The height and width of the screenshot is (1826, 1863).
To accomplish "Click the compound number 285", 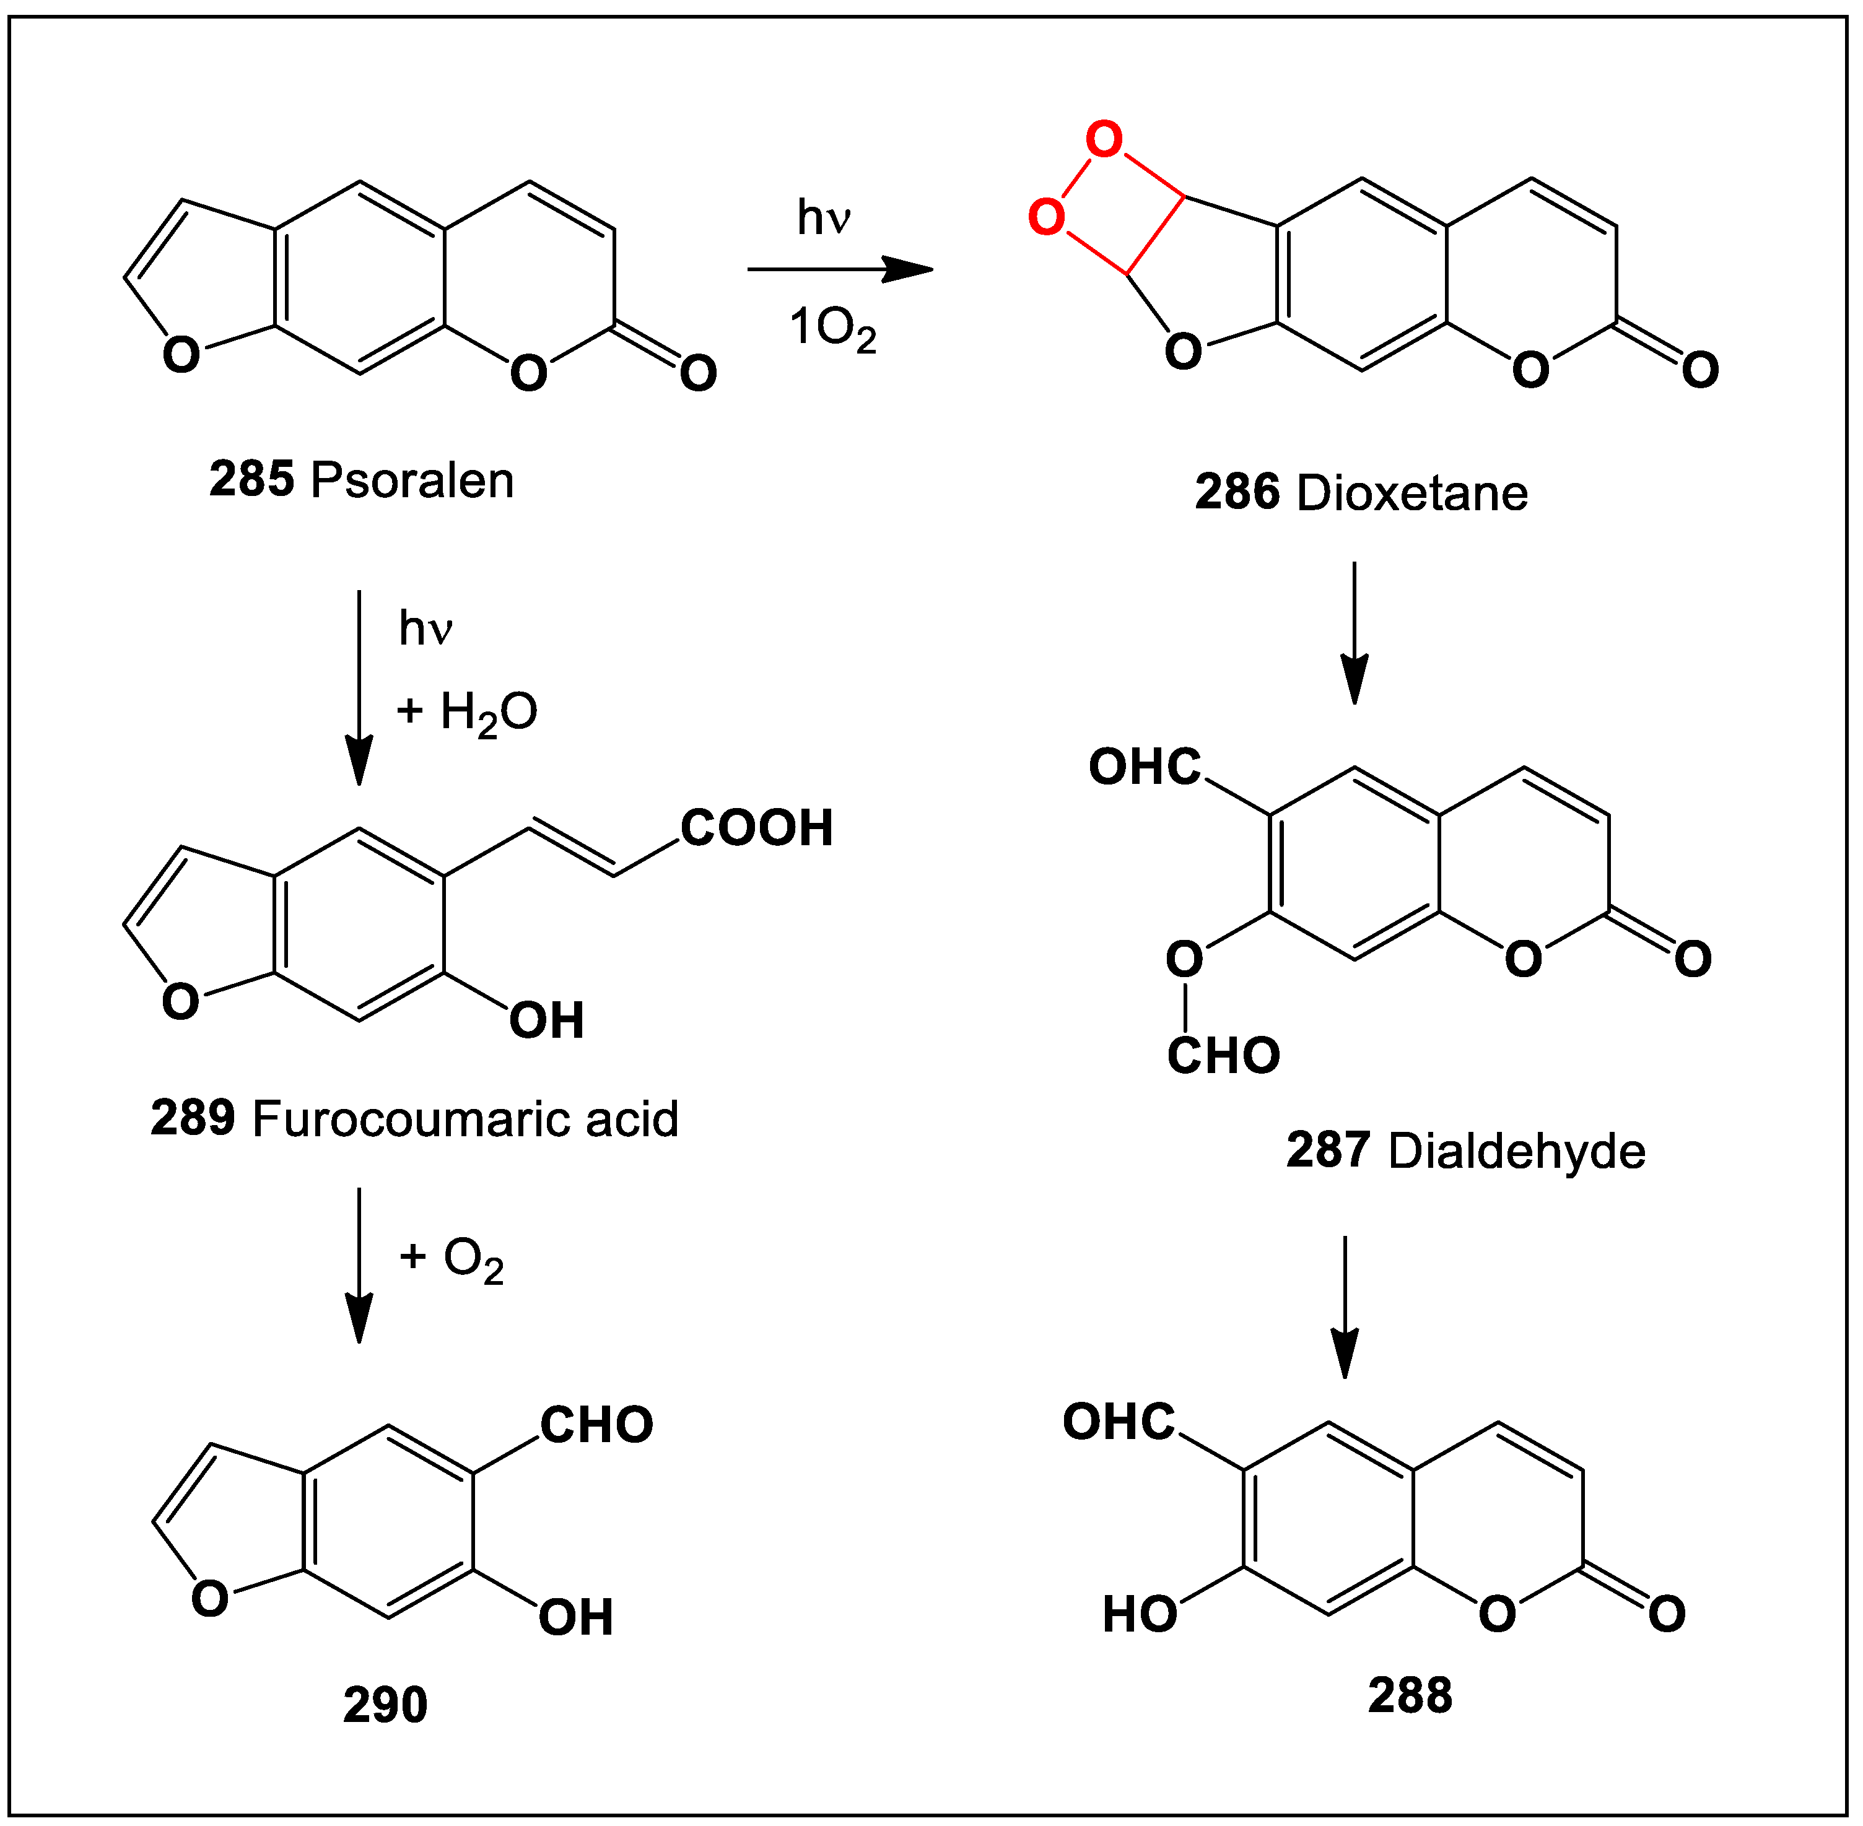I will [251, 479].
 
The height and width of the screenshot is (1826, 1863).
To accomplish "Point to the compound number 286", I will [1237, 493].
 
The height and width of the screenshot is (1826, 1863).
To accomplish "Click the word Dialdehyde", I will [1516, 1151].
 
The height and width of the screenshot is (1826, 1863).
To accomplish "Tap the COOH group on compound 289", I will [756, 828].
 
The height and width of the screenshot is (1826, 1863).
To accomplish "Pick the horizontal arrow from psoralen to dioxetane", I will [839, 269].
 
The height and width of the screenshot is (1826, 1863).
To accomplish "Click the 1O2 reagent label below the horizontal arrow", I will [832, 329].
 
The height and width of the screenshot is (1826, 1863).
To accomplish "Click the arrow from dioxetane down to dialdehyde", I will [1354, 633].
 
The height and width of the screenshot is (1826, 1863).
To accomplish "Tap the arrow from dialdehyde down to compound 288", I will [1345, 1306].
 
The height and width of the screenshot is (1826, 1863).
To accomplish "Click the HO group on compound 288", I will [1139, 1615].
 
